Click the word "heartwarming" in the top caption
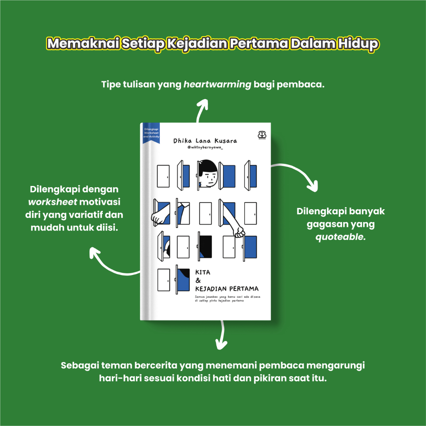[x=217, y=84]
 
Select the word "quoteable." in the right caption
[x=341, y=238]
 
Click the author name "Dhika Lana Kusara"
[x=205, y=141]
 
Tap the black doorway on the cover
[x=205, y=246]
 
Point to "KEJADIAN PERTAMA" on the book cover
[x=226, y=288]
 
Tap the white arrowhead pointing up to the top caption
[x=203, y=104]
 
